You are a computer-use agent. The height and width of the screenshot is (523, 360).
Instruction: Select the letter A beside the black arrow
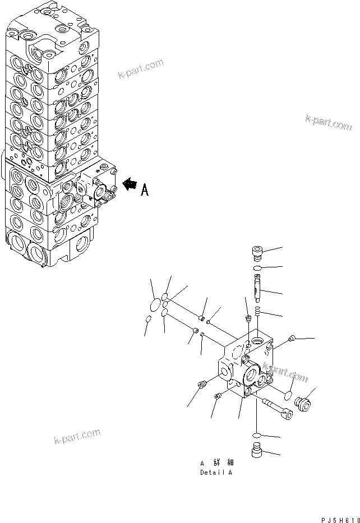pos(144,191)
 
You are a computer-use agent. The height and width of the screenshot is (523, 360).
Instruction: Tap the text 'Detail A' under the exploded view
pos(216,473)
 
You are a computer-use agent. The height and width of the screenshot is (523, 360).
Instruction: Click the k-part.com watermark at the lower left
pos(77,436)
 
